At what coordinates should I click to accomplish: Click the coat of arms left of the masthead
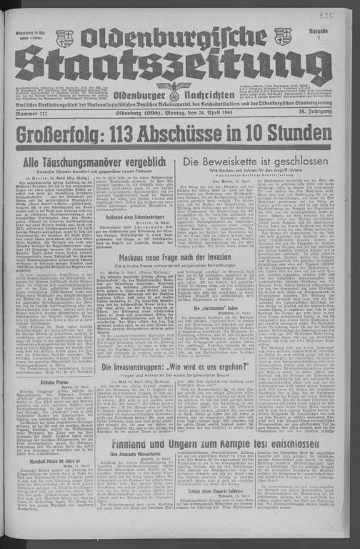[x=64, y=38]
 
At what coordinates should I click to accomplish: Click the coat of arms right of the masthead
[x=283, y=36]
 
